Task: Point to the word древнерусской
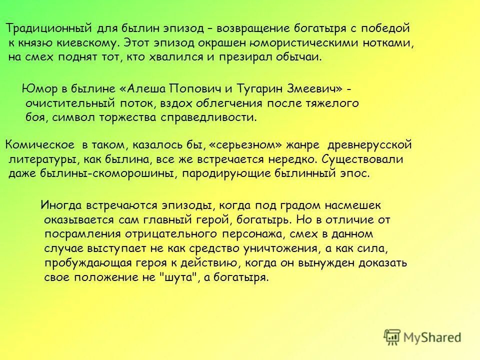click(369, 145)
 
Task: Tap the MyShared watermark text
click(432, 337)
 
